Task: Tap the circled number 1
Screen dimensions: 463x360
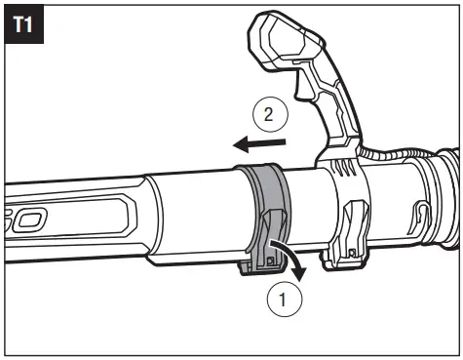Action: [284, 300]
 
